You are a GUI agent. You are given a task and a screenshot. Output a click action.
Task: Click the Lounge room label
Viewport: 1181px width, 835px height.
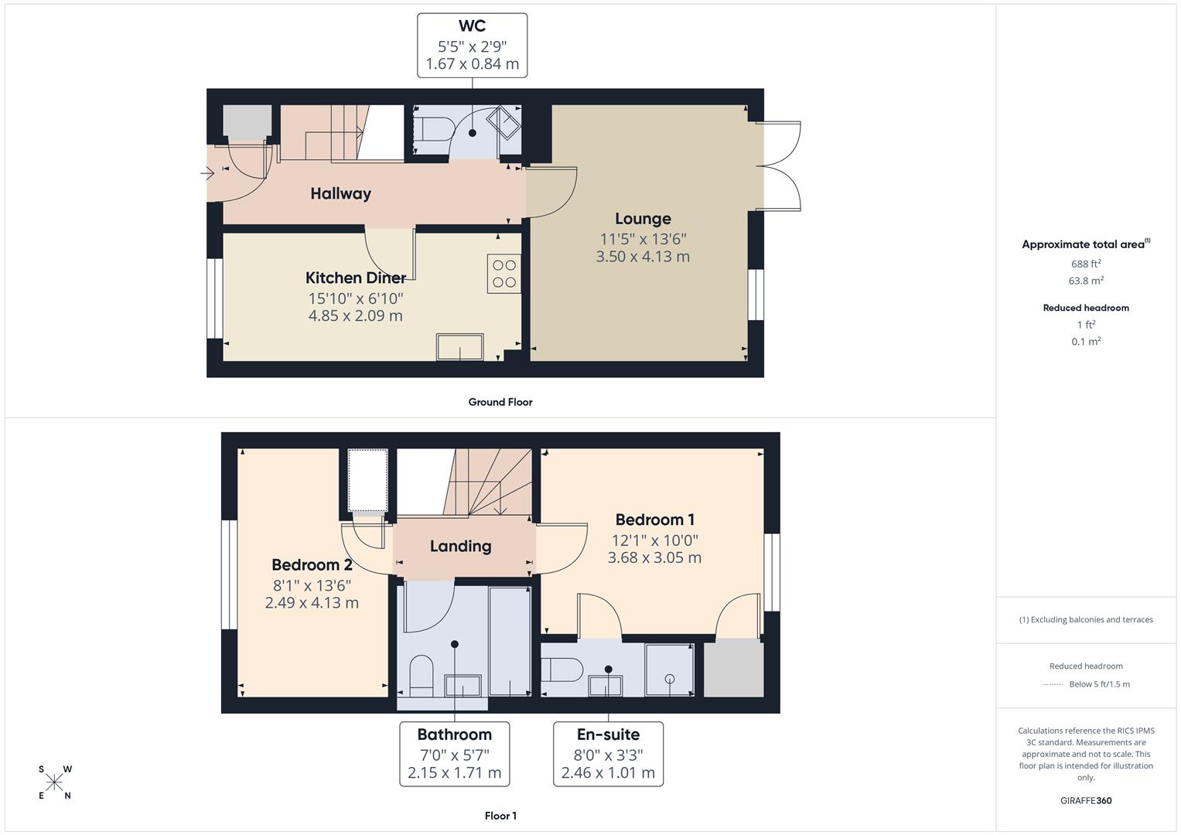coord(643,219)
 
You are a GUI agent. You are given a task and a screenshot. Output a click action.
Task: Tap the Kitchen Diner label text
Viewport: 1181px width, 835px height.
coord(355,278)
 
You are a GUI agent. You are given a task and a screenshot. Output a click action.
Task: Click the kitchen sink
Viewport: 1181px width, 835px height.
coord(460,346)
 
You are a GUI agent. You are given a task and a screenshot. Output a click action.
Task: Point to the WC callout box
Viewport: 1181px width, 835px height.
coord(472,46)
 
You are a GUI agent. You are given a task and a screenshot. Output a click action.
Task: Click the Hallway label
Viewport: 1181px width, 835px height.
coord(340,194)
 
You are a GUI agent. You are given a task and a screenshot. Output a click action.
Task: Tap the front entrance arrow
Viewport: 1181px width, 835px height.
coord(207,174)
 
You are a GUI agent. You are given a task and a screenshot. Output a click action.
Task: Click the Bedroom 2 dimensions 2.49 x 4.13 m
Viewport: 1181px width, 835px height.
coord(312,603)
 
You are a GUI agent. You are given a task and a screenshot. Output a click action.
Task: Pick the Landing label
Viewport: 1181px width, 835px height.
coord(460,547)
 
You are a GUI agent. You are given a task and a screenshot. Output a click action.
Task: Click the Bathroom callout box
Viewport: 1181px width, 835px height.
coord(454,754)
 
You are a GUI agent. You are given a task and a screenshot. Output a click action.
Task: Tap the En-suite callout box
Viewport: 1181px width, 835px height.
coord(608,754)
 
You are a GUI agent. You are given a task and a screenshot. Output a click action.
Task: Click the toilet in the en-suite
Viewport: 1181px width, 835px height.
coord(561,670)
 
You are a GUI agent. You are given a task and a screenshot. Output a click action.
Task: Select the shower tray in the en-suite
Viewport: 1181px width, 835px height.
coord(669,670)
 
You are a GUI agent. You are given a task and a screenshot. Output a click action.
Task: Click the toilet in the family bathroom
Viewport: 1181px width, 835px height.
coord(421,675)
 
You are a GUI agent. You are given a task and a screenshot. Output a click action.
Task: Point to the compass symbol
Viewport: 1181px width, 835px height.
coord(54,782)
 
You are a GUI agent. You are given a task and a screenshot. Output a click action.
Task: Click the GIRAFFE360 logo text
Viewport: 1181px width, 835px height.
coord(1085,801)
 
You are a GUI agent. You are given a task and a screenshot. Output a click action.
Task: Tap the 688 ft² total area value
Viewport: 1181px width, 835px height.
coord(1085,264)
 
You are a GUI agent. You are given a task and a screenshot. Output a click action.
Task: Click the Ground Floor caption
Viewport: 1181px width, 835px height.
coord(500,402)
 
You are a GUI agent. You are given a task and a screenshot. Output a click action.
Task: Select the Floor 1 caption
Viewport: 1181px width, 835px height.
coord(500,816)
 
